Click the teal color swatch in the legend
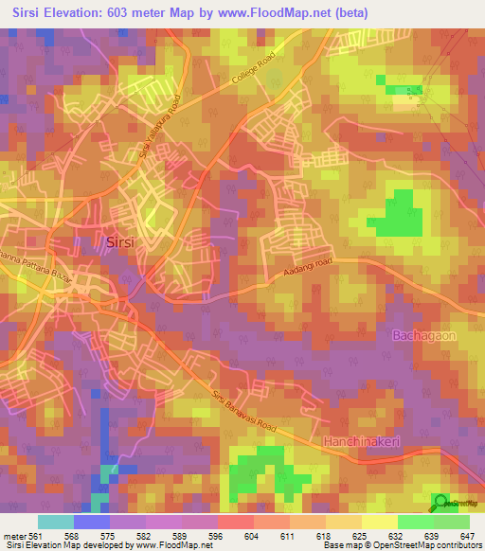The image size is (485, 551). pos(55,521)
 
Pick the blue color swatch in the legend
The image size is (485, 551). pos(91,521)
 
